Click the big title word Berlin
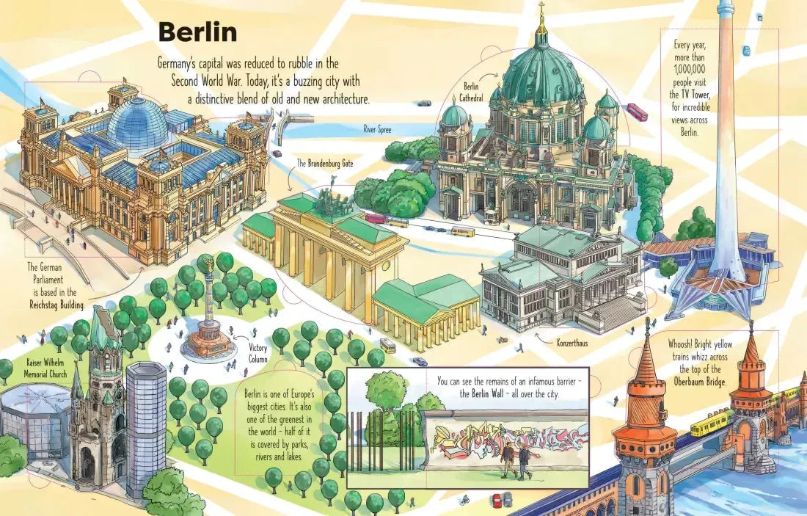(x=197, y=32)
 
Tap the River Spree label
(x=378, y=129)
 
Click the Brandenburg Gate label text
(x=325, y=164)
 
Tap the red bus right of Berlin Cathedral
(x=637, y=112)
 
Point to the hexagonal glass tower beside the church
(x=146, y=426)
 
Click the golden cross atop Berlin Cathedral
(x=541, y=12)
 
